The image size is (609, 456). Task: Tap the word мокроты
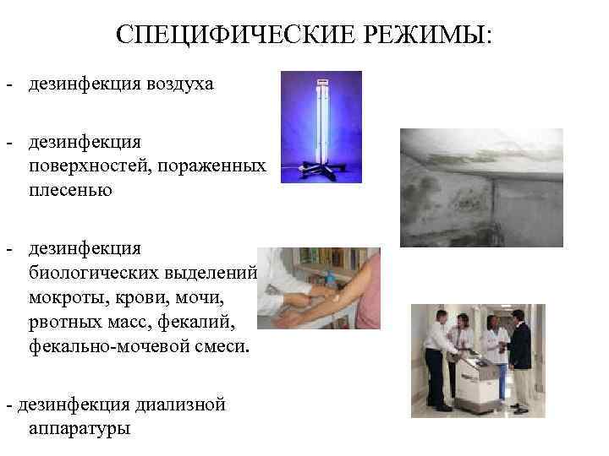[x=68, y=297]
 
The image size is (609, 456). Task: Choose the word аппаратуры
[x=79, y=428]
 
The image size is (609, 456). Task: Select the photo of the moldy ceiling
[x=481, y=187]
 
